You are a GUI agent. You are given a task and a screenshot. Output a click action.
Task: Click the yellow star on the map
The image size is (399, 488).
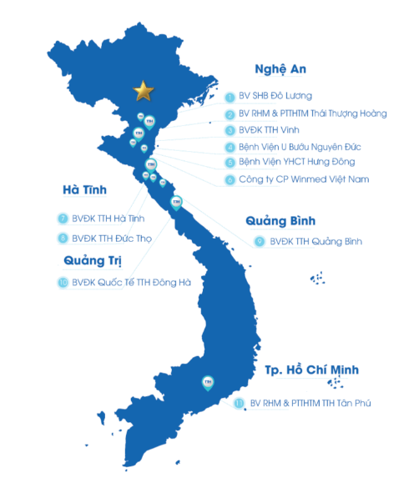(144, 89)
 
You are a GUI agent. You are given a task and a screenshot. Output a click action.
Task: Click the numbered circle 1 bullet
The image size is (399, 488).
(230, 96)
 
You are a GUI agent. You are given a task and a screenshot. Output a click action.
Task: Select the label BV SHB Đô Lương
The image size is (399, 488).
(276, 96)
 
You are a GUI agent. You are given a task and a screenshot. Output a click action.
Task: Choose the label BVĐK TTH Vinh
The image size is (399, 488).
(270, 130)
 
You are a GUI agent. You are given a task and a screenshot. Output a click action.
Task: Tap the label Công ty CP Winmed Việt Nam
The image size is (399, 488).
(291, 179)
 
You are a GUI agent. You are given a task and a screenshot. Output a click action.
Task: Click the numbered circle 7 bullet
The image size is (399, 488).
(63, 219)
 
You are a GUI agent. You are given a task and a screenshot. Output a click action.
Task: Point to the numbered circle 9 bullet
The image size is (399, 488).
(260, 242)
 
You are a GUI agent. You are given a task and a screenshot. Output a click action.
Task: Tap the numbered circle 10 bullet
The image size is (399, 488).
(63, 283)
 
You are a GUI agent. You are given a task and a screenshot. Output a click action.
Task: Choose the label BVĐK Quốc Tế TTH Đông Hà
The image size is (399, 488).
(131, 283)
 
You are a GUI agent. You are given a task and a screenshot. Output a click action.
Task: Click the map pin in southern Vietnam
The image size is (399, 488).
(209, 383)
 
